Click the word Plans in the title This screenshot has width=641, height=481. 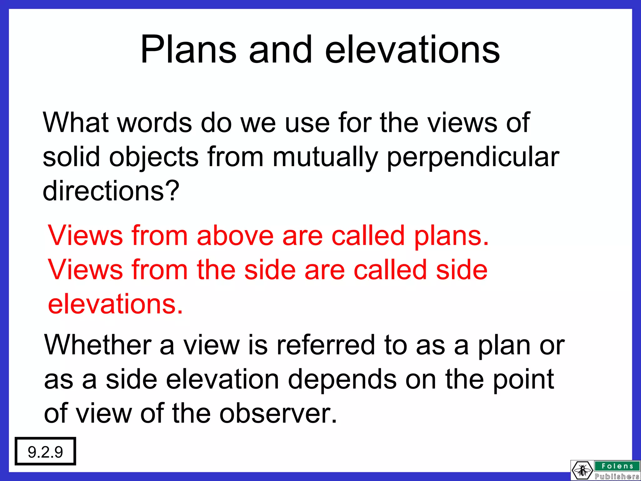188,50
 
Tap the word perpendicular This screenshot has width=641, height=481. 473,158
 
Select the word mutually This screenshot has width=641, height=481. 326,158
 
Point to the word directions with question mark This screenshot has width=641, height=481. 111,191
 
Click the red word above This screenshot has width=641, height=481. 235,235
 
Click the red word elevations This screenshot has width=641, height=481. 115,304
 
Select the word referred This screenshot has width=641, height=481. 326,345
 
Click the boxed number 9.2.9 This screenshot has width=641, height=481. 45,452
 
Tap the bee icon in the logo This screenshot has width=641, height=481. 582,470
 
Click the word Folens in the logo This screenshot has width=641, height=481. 617,466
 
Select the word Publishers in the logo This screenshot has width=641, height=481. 617,477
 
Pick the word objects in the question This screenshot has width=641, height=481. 154,158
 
